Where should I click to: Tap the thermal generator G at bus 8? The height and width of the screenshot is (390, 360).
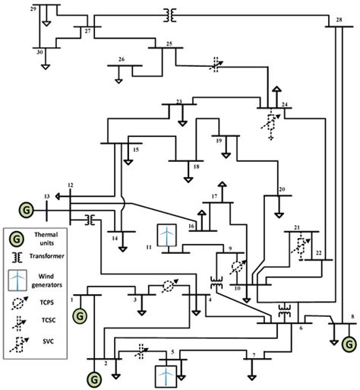tap(350, 346)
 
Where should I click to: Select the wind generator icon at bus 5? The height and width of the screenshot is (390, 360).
tap(165, 376)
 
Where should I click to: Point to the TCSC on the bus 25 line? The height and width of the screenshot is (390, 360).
tap(216, 65)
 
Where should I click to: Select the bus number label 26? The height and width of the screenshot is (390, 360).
tap(122, 59)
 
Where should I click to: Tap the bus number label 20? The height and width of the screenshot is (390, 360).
tap(282, 189)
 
